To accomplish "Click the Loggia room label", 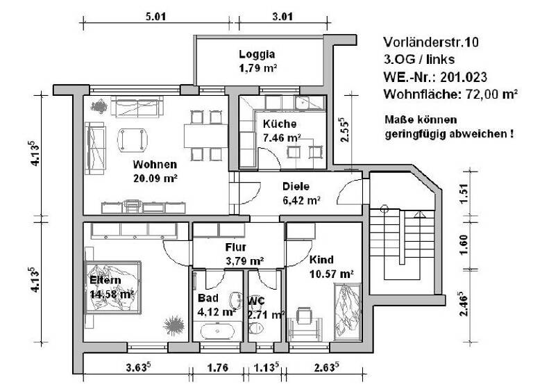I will [x=257, y=54].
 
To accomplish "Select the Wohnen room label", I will [x=155, y=165].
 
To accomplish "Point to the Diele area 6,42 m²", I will [x=301, y=200].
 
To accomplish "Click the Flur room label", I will [x=236, y=247].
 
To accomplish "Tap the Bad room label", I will [x=208, y=297].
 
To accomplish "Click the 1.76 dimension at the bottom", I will [x=219, y=368].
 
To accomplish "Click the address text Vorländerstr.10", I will [x=430, y=42].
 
